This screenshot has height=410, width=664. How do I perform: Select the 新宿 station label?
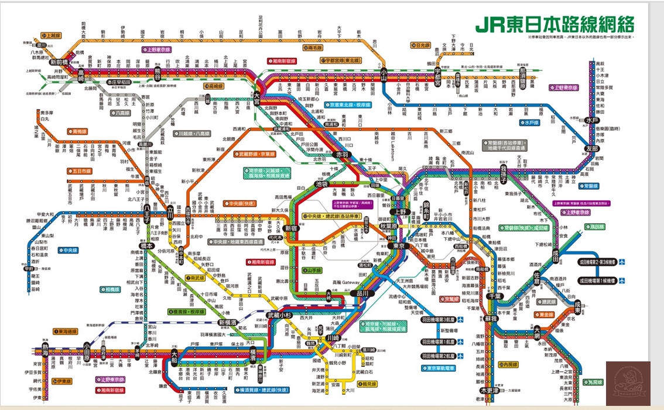291,228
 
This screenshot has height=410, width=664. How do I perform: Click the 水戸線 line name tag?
529,122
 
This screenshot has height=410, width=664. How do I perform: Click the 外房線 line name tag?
593,382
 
